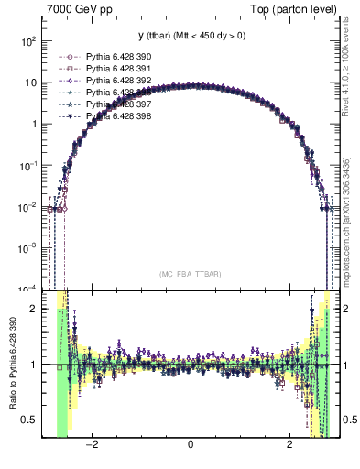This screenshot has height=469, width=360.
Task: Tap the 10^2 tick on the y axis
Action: click(x=28, y=42)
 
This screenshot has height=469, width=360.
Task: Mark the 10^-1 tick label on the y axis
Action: click(x=28, y=166)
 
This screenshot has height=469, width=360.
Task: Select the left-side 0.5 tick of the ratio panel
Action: click(x=30, y=420)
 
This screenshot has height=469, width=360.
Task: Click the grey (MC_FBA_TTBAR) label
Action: click(x=190, y=275)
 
